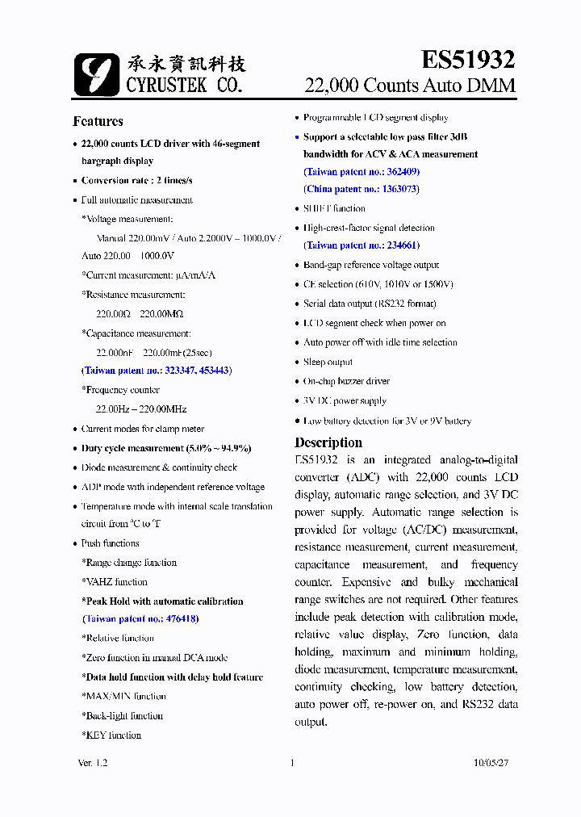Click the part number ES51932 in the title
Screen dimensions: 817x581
[467, 59]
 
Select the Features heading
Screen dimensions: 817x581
[98, 121]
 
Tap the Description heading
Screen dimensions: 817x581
[328, 442]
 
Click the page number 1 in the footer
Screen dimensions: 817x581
[291, 763]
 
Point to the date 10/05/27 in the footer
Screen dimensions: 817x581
[491, 763]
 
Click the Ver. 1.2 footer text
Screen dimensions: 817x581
[93, 763]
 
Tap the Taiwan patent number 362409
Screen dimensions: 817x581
[403, 171]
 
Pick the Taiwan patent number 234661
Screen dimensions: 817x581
[403, 245]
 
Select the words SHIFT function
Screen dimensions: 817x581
[334, 208]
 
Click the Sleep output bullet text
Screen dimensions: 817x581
[328, 362]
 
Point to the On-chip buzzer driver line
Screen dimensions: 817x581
[346, 381]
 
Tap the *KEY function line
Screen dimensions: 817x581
[111, 735]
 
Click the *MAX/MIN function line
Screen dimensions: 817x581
[123, 697]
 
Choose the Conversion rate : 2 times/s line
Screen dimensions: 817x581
[137, 180]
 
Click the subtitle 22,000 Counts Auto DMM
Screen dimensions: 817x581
[409, 86]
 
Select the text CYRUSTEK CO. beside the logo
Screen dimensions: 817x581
[183, 85]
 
